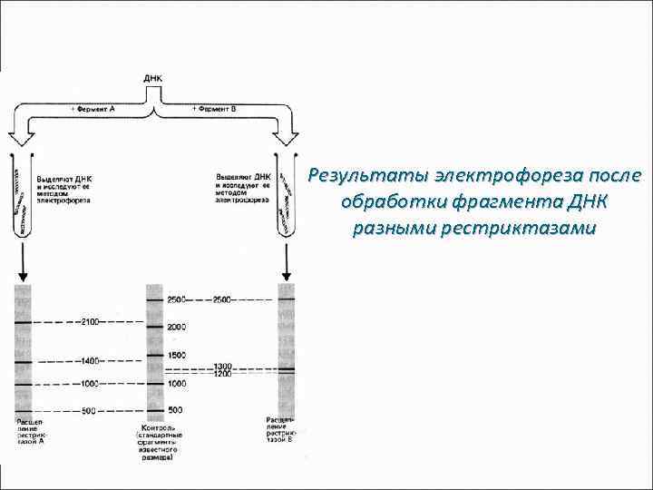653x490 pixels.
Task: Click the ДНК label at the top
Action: (153, 79)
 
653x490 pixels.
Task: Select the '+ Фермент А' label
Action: (93, 108)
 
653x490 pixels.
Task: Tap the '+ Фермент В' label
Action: (214, 108)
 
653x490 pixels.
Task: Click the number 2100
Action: (92, 322)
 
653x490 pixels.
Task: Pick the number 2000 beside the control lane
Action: (176, 327)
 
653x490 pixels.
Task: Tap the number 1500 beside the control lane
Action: (176, 355)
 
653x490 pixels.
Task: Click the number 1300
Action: (224, 367)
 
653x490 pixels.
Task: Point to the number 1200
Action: (224, 374)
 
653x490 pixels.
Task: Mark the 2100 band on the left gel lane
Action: (23, 323)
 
